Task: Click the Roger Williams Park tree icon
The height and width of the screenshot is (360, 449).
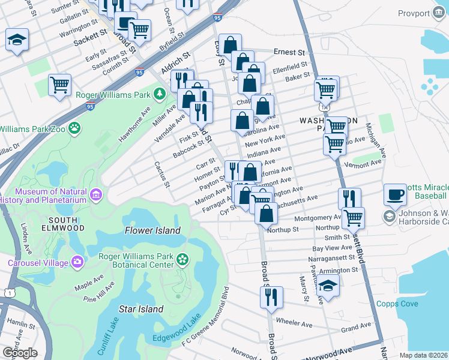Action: click(x=160, y=94)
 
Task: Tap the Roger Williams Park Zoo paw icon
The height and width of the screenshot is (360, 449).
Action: click(x=74, y=128)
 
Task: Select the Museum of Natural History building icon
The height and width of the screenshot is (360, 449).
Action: click(x=95, y=194)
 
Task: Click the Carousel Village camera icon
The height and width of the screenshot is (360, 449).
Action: click(x=77, y=262)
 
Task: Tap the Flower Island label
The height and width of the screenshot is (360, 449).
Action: click(x=152, y=230)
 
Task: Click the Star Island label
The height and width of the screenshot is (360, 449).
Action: click(x=141, y=309)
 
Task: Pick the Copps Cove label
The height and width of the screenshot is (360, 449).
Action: click(x=397, y=304)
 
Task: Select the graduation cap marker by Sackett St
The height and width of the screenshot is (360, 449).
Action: click(x=17, y=40)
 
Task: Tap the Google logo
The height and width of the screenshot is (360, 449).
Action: click(x=20, y=353)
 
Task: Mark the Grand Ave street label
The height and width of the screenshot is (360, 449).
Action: click(x=357, y=328)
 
